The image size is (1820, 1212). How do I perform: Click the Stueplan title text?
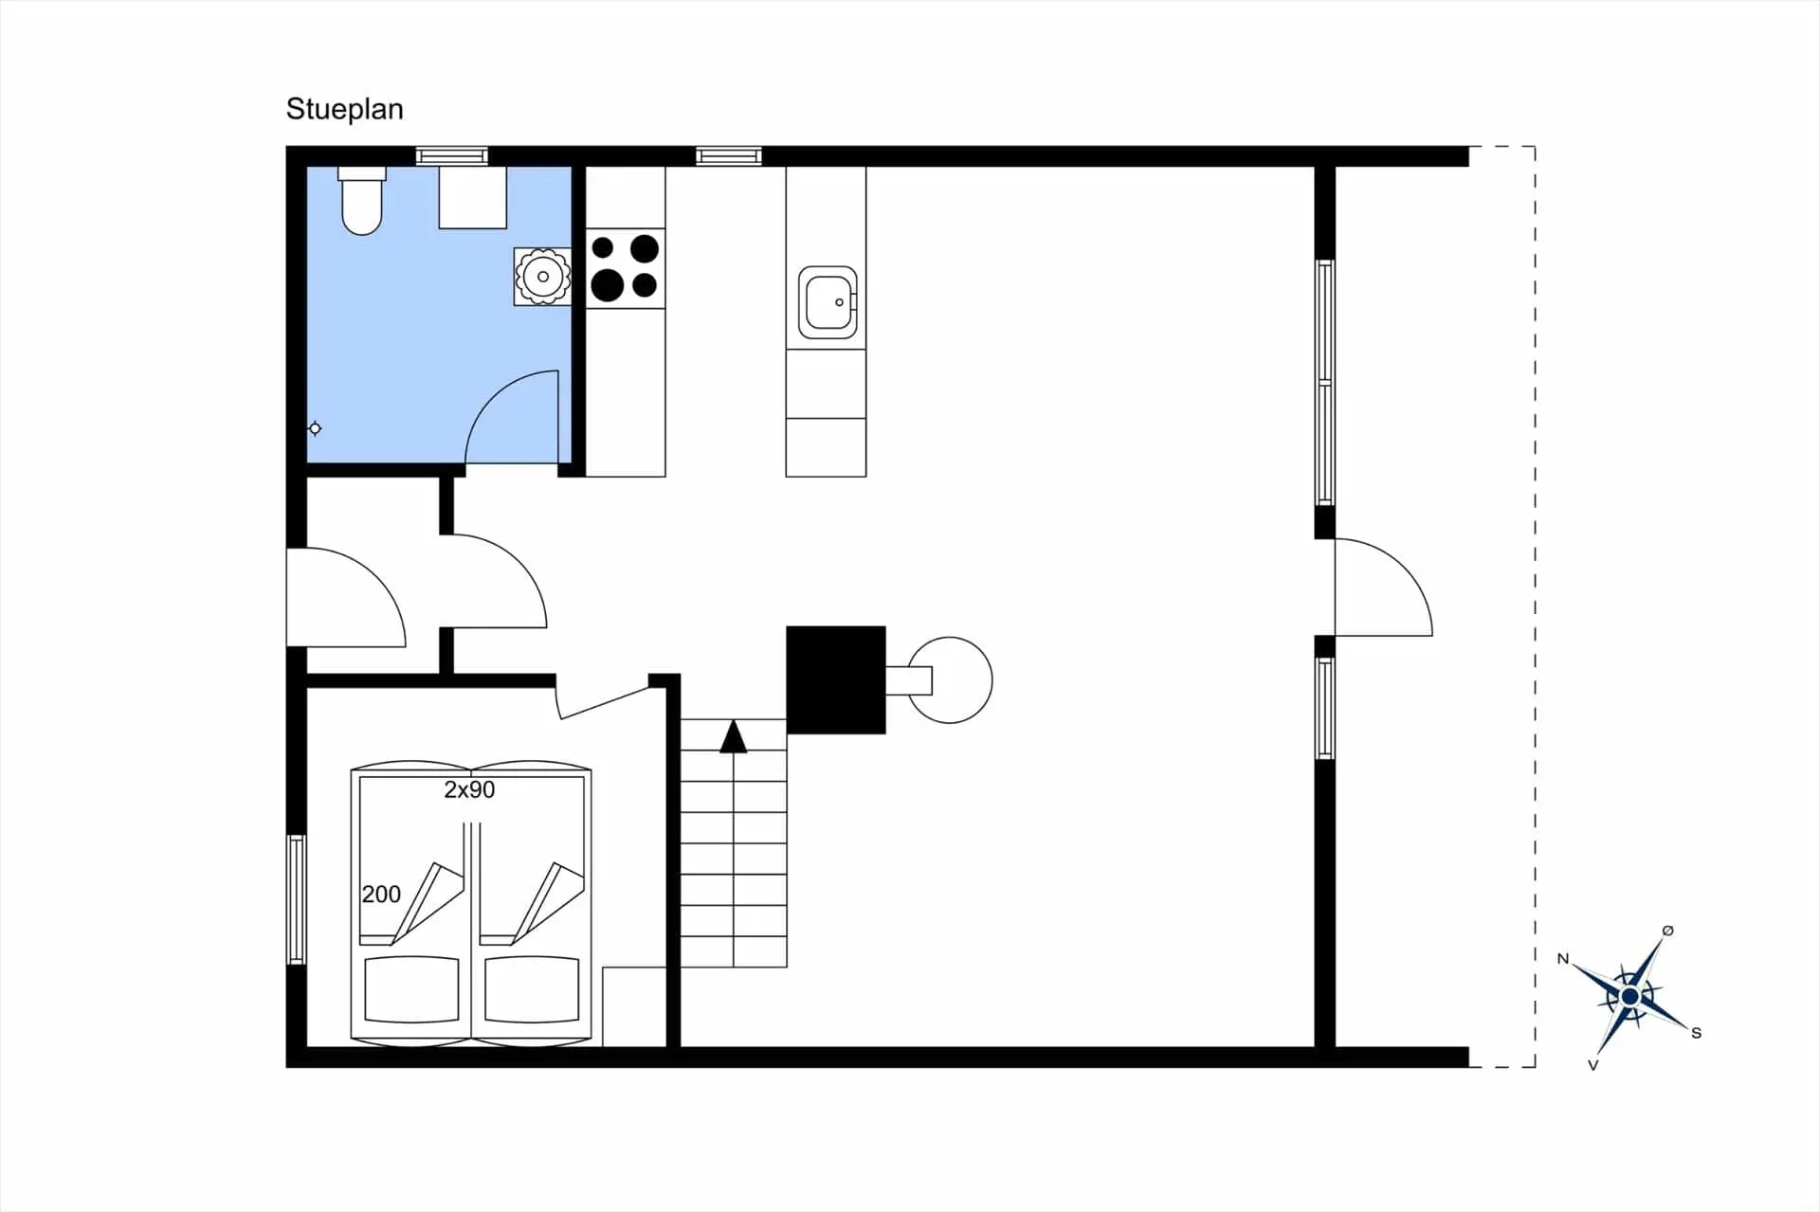344,110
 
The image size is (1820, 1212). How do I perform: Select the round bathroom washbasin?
543,276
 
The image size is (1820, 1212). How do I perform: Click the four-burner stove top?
625,268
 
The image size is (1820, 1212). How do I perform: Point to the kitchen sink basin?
827,301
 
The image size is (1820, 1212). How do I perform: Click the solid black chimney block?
835,679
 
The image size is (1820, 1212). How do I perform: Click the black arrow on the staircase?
733,737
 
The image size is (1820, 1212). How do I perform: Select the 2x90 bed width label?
469,789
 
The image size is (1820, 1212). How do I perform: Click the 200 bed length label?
381,894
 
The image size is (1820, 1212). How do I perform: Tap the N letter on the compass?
1563,959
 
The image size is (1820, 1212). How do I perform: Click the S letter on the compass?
1696,1033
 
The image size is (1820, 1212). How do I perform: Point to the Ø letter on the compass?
1667,931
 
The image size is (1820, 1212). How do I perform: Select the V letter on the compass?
1592,1065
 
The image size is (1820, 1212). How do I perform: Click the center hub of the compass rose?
1629,997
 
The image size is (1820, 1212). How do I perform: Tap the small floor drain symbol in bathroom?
315,428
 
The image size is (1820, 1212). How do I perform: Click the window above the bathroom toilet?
451,156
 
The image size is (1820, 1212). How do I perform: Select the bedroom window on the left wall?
297,898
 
